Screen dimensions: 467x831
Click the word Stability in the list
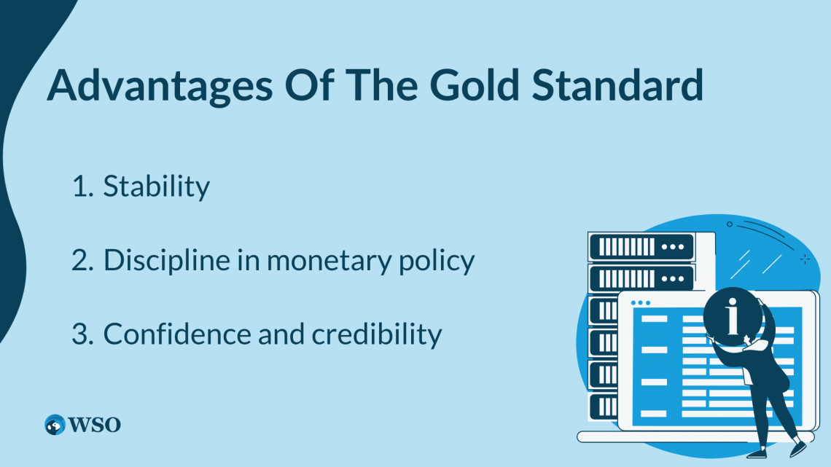(x=156, y=187)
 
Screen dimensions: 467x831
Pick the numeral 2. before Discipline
(x=83, y=260)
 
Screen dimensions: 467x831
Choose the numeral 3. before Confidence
(x=83, y=334)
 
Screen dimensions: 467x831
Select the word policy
(x=439, y=262)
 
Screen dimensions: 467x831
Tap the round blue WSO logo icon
(x=55, y=424)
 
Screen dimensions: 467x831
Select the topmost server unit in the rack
(x=641, y=246)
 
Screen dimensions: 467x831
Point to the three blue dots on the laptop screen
(x=639, y=302)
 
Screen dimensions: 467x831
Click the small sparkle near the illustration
(x=805, y=259)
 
